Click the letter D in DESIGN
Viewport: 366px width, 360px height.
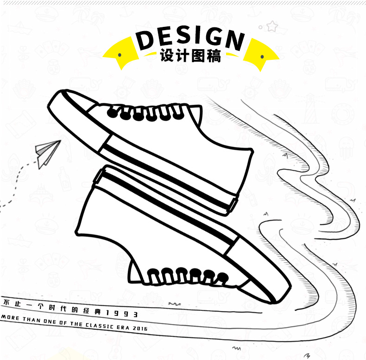point(147,40)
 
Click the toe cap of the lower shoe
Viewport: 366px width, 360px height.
point(269,278)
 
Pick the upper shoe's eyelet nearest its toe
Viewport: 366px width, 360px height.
point(112,113)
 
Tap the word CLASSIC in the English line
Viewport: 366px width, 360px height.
point(98,325)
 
